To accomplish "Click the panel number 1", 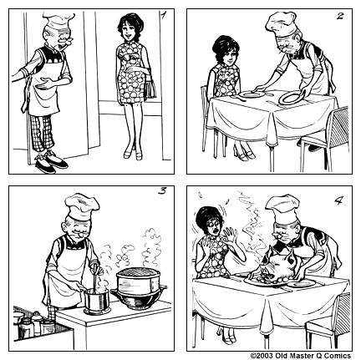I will click(x=164, y=14).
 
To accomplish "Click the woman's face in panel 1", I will click(x=130, y=33).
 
